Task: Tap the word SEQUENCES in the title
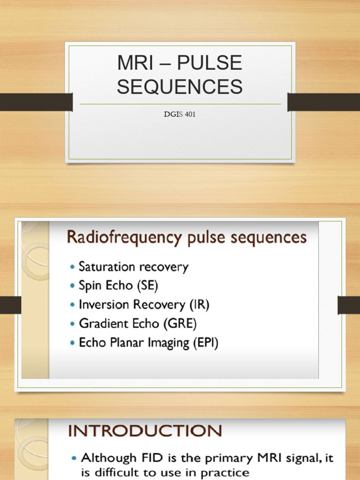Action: point(180,87)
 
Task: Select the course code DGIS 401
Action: point(180,114)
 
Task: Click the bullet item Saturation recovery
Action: point(133,267)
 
